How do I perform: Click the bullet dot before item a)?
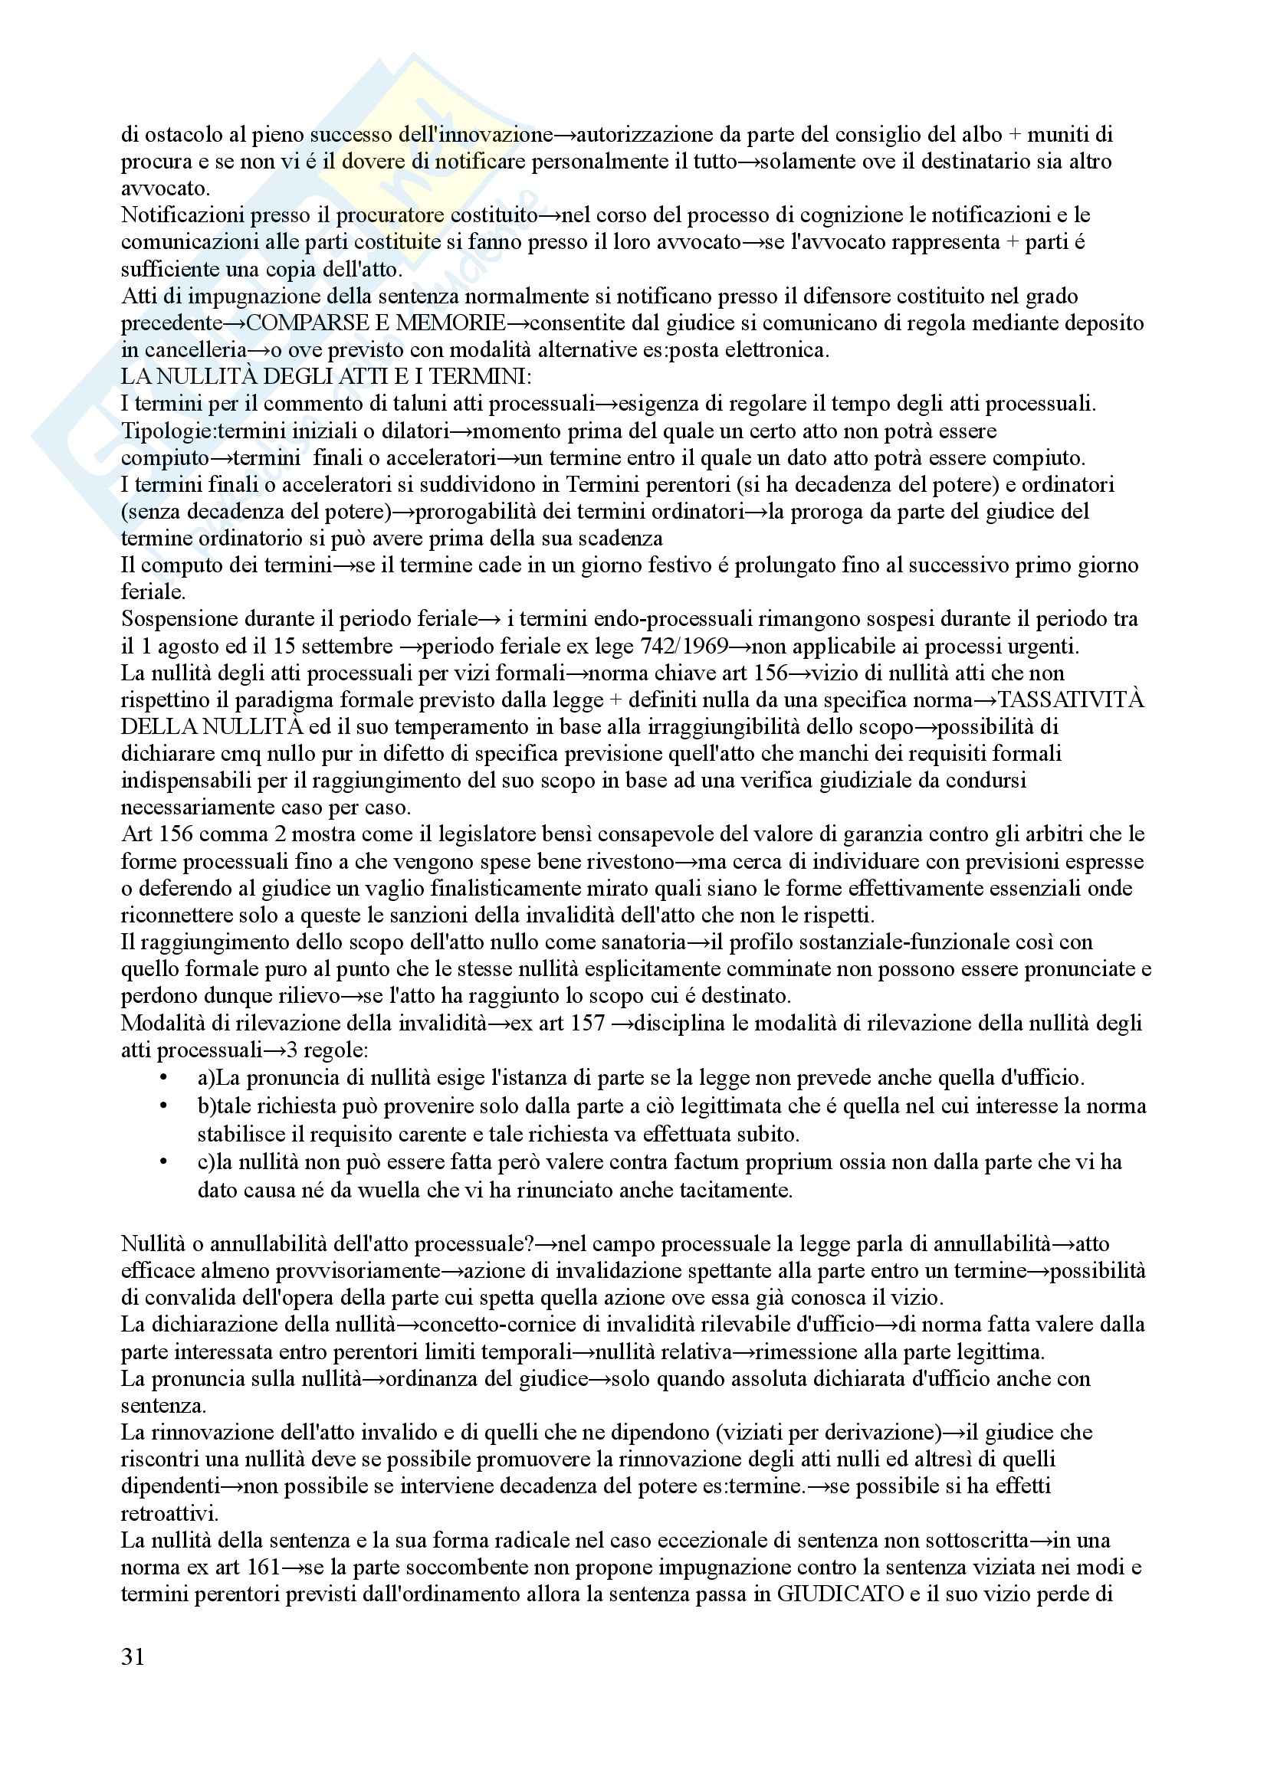point(162,1079)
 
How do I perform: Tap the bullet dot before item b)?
point(162,1106)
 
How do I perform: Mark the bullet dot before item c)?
point(162,1162)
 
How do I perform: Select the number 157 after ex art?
point(587,1024)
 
